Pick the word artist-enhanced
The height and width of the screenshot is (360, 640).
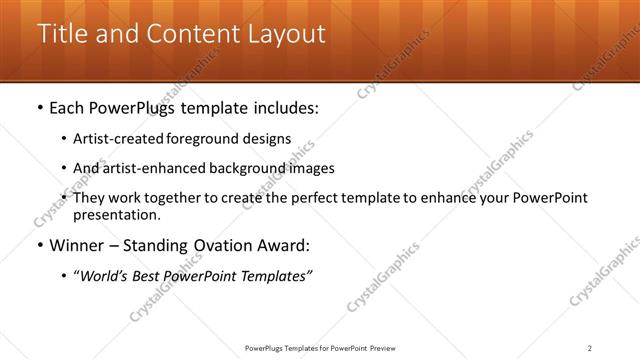coord(150,168)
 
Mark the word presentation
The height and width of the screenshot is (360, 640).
coord(116,214)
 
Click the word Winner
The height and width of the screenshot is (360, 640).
coord(78,245)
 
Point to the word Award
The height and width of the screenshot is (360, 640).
coord(286,245)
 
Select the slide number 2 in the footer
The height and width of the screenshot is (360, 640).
coord(590,348)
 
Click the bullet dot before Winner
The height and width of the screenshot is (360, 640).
coord(38,246)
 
